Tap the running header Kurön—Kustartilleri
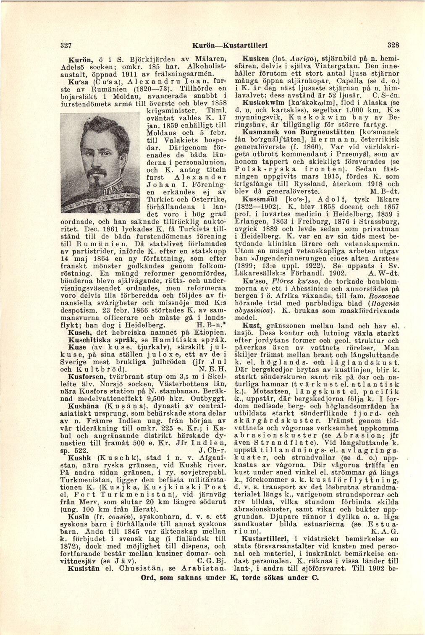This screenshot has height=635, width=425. click(x=230, y=45)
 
